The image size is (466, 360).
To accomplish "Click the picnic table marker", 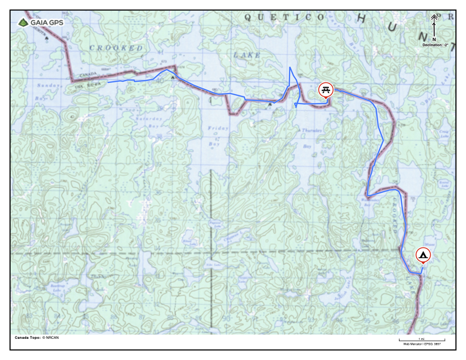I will point(325,89).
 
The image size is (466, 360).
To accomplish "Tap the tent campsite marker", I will point(423,255).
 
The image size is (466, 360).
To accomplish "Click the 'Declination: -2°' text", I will point(435,45).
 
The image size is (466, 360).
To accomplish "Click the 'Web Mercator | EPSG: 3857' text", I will point(421,344).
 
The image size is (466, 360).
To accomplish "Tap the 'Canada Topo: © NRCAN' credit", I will point(37,338).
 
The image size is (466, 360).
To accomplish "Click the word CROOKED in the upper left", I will point(116,48).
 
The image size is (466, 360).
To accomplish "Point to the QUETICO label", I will point(284,18).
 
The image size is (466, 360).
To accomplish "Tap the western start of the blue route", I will point(108,82).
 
